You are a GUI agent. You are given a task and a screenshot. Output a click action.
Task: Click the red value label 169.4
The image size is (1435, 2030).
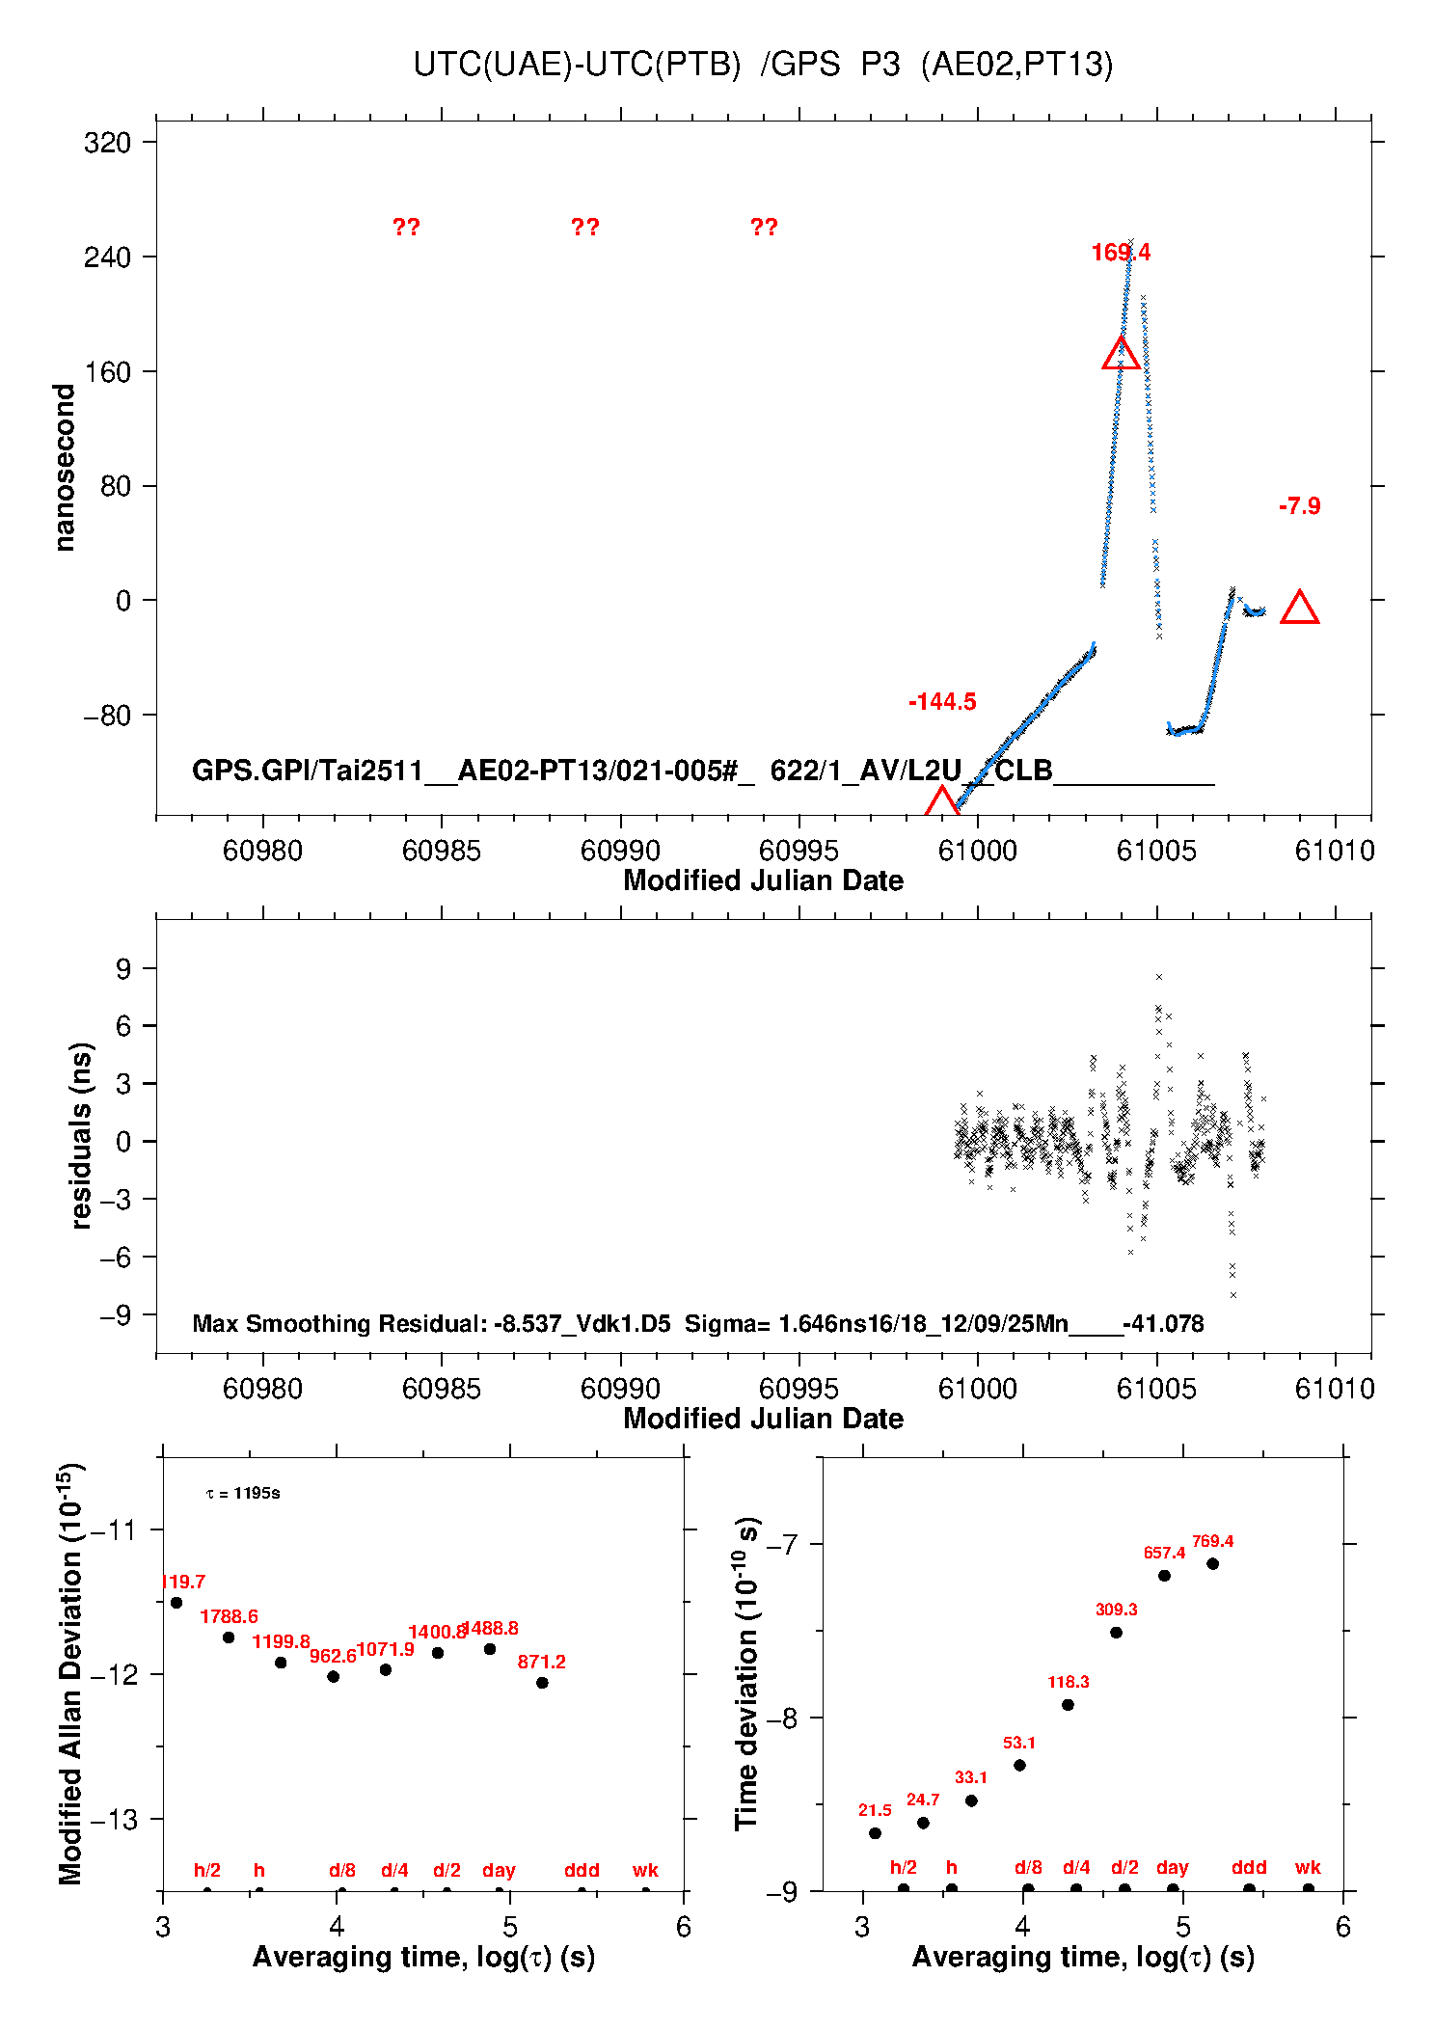1121,253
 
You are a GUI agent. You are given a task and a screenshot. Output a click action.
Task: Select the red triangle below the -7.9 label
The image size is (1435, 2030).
1299,609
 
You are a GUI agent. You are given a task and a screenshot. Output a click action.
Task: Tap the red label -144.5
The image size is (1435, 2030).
942,702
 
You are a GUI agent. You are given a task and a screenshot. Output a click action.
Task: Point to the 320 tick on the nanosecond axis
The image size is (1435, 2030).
107,143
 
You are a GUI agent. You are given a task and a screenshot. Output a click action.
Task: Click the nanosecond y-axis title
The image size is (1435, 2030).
65,468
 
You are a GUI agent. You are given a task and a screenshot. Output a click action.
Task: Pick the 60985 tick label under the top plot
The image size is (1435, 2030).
441,851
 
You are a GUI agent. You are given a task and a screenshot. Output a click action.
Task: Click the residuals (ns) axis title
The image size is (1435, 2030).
81,1136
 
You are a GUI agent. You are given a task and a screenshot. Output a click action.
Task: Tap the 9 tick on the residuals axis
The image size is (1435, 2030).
122,968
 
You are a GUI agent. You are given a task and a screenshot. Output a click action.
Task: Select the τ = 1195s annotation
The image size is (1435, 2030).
243,1494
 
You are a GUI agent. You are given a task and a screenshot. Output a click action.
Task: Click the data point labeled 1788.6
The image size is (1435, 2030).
229,1638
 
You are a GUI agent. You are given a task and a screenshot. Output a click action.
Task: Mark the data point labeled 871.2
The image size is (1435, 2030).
542,1683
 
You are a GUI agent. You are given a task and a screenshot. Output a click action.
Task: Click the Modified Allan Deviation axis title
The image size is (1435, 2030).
69,1673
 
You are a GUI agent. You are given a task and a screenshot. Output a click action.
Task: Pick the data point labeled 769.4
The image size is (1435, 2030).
1212,1564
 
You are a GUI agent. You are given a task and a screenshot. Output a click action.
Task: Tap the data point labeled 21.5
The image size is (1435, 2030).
875,1833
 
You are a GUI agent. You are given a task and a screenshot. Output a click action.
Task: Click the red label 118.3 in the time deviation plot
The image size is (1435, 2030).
1069,1682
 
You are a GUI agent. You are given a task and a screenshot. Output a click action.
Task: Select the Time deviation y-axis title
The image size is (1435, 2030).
747,1673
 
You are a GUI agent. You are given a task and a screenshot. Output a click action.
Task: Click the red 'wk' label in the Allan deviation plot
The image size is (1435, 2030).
645,1870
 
